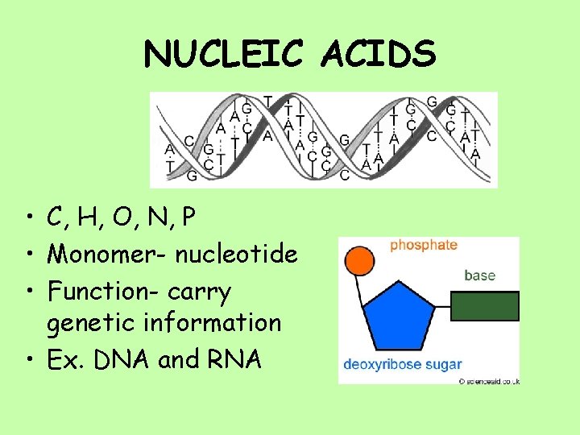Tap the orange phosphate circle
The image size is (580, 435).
pyautogui.click(x=359, y=261)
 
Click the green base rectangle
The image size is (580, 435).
pyautogui.click(x=484, y=305)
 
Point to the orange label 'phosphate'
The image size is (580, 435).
pyautogui.click(x=423, y=245)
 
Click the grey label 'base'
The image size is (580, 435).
pyautogui.click(x=479, y=275)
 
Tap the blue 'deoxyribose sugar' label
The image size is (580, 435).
pyautogui.click(x=403, y=364)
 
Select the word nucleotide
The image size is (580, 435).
pyautogui.click(x=237, y=255)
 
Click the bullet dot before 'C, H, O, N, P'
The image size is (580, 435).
pyautogui.click(x=28, y=219)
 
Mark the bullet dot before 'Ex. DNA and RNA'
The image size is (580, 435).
pyautogui.click(x=28, y=360)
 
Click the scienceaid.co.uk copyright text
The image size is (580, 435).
pyautogui.click(x=489, y=380)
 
